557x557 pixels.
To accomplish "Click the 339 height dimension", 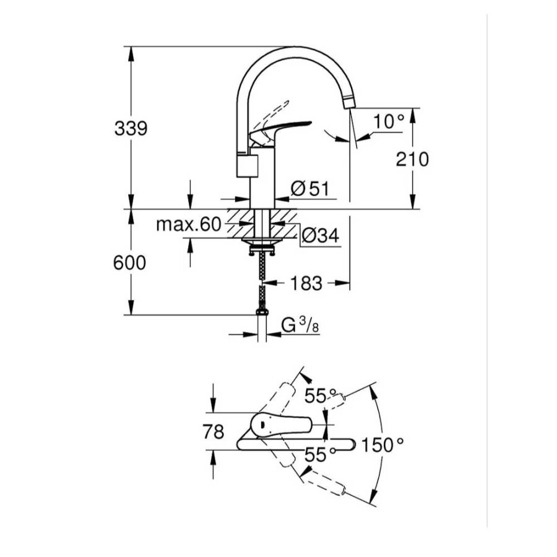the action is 131,128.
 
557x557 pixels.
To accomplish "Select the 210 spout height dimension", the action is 412,159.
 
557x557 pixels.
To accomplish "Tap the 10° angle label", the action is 389,121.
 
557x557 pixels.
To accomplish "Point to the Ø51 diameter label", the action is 310,188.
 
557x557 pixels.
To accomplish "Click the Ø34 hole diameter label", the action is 321,235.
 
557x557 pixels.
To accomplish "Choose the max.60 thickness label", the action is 189,225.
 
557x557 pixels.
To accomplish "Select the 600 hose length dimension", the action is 130,263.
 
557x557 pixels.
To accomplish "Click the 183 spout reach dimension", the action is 306,283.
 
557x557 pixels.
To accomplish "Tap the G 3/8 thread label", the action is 300,325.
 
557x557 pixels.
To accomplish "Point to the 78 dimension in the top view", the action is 214,432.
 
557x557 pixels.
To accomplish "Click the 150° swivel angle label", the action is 382,445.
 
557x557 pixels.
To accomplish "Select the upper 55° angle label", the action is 321,395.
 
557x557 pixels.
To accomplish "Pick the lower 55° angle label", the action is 321,454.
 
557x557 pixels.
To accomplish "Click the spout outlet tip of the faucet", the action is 350,103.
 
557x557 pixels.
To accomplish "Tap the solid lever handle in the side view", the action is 280,129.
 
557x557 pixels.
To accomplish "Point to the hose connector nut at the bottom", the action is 262,312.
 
